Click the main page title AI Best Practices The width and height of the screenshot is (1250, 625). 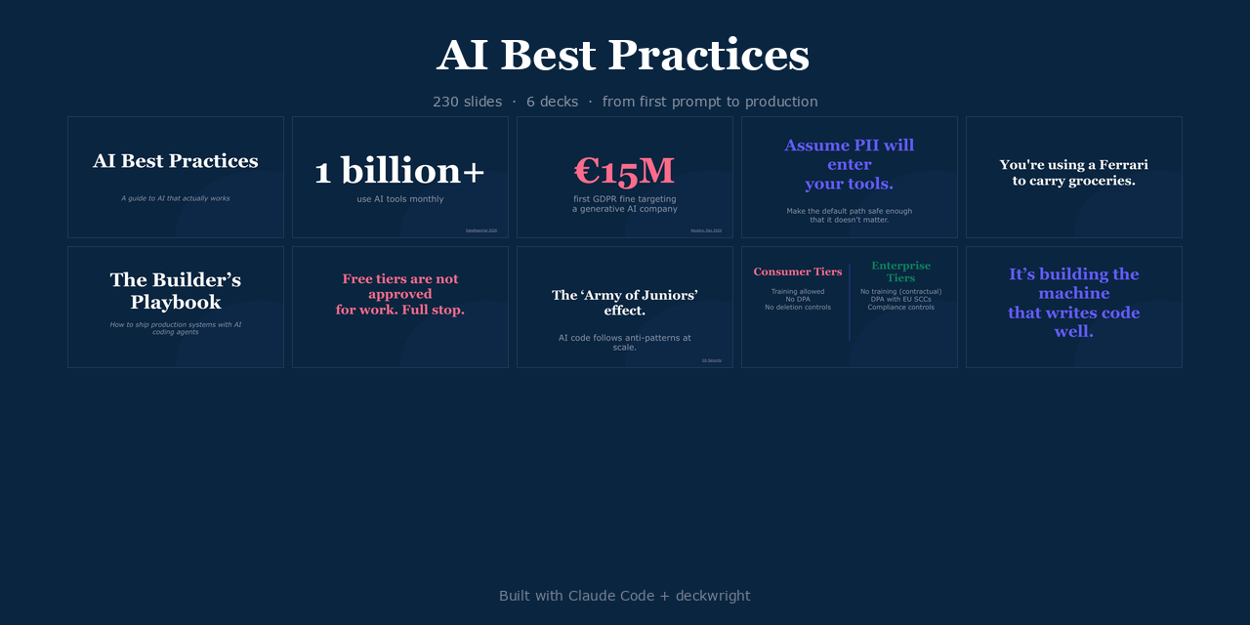(623, 56)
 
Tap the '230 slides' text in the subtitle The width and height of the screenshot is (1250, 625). (467, 102)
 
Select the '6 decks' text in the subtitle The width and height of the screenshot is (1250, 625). (552, 102)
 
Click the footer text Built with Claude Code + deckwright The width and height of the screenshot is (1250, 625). (624, 596)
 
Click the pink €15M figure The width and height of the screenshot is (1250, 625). (624, 171)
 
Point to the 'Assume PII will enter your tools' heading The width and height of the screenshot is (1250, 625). (849, 164)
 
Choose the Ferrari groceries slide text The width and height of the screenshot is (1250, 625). (1073, 173)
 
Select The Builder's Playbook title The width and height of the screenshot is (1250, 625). (176, 291)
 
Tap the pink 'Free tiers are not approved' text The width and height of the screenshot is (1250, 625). (400, 294)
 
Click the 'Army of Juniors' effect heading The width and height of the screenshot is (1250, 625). (625, 303)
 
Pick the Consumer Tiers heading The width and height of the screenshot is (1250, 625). (798, 271)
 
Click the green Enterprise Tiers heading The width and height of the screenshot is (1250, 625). (900, 271)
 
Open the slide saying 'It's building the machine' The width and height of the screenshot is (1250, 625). (1073, 303)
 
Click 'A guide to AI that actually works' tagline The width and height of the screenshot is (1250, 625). (176, 198)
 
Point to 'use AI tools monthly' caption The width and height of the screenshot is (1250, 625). (400, 199)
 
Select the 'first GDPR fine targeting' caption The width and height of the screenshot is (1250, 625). (625, 198)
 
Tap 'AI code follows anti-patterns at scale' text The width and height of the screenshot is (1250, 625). (625, 342)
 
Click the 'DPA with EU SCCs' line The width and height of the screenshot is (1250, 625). (900, 299)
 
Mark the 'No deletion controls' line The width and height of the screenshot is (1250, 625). (798, 307)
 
